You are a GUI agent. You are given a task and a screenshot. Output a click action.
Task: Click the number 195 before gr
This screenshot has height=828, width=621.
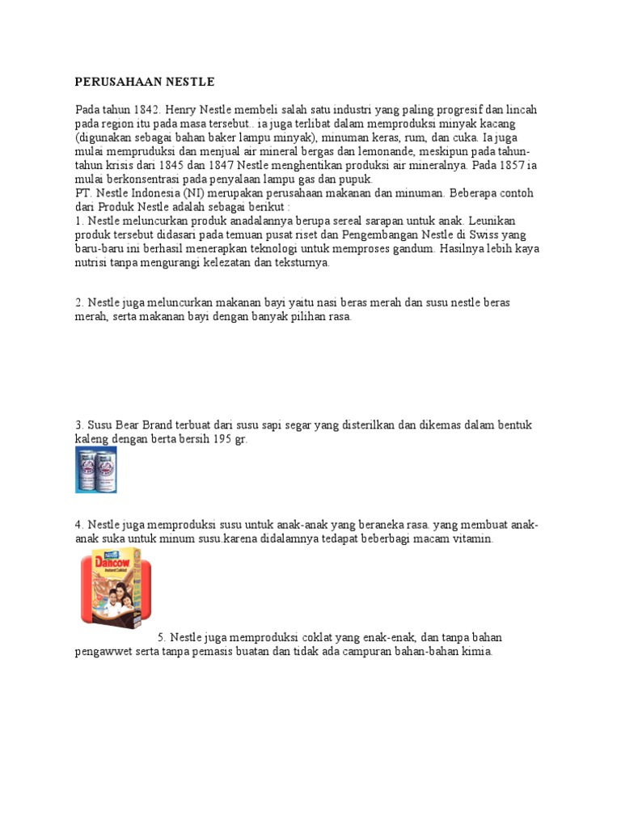tap(226, 439)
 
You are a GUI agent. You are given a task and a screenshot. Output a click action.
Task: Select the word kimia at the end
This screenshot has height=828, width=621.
tap(477, 651)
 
